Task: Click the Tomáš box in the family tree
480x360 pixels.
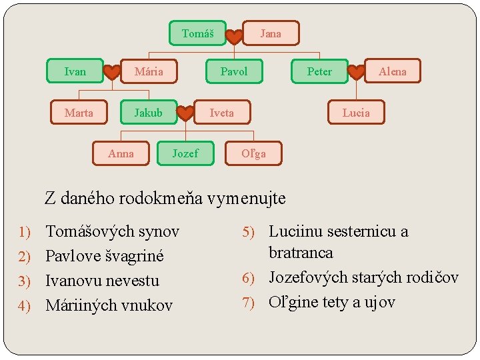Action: point(197,33)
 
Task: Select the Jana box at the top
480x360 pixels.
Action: point(270,33)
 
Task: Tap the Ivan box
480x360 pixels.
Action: point(75,71)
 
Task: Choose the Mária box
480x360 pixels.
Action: point(149,71)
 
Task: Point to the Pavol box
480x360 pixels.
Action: point(233,71)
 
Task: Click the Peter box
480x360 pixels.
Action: point(319,71)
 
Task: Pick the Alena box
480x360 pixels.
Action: point(392,71)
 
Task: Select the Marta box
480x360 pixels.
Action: point(79,113)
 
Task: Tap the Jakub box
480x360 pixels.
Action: point(148,113)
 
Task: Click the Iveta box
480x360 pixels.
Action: point(222,113)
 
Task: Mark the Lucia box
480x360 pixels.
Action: point(356,113)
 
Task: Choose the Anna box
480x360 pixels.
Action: point(121,153)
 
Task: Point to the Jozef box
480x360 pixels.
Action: point(185,153)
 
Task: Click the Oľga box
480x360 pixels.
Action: point(253,153)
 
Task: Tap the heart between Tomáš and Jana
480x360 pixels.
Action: point(234,37)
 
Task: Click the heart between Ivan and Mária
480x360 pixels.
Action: point(112,71)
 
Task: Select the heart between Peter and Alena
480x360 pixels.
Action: point(357,71)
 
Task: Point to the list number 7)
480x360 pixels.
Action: point(249,303)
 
